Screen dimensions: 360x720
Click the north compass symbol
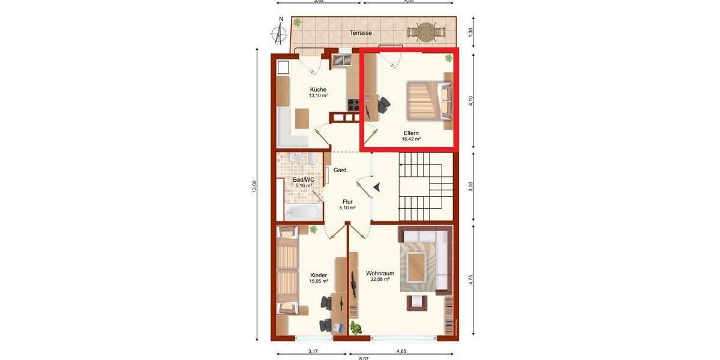point(280,33)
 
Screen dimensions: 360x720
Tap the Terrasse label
point(361,33)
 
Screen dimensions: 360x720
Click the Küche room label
point(318,89)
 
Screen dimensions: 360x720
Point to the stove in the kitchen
point(353,104)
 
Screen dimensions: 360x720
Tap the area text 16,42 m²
point(411,139)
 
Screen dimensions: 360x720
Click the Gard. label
point(341,170)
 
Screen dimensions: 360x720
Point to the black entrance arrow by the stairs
point(377,187)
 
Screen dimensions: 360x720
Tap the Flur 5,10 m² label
point(347,205)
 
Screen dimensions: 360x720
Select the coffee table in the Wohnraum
point(416,266)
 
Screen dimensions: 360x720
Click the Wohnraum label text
point(380,273)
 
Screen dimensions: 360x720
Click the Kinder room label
point(319,275)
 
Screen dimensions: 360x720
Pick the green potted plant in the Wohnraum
point(357,328)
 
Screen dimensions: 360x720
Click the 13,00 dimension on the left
point(254,187)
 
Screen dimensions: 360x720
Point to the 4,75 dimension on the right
point(471,280)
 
